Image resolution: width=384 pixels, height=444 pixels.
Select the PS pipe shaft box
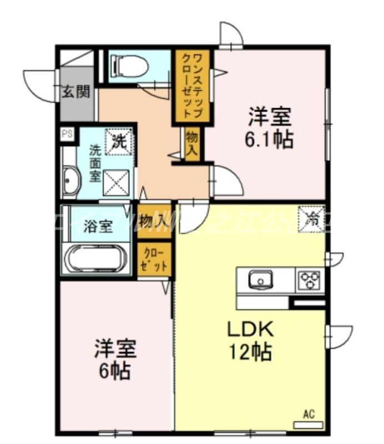(67, 133)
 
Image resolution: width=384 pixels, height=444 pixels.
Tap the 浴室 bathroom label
(98, 226)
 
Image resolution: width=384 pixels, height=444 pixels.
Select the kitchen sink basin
(259, 280)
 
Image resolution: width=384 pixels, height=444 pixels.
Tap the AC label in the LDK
(309, 413)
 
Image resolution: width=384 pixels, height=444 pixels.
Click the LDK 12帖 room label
(250, 340)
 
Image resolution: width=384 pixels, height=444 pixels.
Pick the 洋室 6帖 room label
(115, 360)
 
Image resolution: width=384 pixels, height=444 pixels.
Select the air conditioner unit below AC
(308, 425)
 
